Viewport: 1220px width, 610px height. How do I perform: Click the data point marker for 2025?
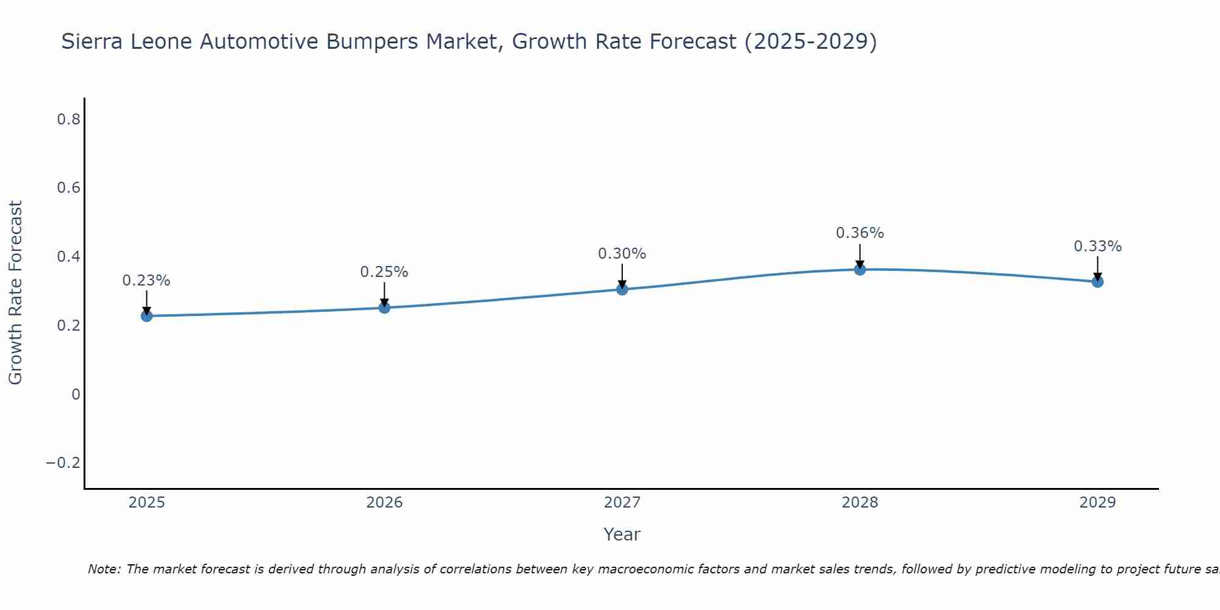[x=146, y=316]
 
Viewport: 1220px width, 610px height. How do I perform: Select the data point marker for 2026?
[x=384, y=307]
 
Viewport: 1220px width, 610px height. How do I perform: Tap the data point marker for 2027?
[x=622, y=289]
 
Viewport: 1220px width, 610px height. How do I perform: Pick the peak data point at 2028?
[x=860, y=270]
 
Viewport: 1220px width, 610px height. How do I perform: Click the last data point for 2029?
[x=1097, y=282]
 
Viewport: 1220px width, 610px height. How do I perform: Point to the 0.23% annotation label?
[x=146, y=281]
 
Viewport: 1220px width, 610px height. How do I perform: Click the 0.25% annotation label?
[x=384, y=272]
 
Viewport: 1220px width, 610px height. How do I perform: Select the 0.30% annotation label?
[x=622, y=254]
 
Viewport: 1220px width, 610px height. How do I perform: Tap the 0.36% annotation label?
[x=860, y=233]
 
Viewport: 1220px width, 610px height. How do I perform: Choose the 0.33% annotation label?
[x=1097, y=246]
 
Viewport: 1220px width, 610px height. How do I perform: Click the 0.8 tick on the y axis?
[x=68, y=120]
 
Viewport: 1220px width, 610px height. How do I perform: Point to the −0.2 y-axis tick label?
[x=63, y=463]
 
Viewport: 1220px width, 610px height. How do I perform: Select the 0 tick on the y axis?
[x=76, y=395]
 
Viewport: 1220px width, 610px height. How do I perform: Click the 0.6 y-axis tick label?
[x=68, y=188]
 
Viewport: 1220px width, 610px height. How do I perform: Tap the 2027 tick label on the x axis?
[x=622, y=503]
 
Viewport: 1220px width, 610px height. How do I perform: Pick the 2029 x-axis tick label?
[x=1097, y=503]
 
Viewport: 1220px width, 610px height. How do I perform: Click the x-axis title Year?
[x=622, y=535]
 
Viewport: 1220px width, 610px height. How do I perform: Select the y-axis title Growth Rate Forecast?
[x=15, y=293]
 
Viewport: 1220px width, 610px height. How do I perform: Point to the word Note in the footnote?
[x=104, y=569]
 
